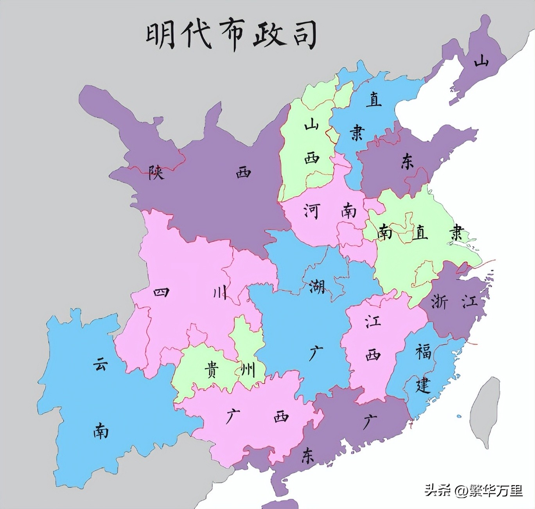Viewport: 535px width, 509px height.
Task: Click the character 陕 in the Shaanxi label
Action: [156, 172]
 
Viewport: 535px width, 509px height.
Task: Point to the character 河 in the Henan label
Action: [312, 211]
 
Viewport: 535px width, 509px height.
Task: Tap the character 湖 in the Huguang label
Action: [316, 286]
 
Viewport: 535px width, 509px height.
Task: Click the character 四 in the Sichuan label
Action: [161, 292]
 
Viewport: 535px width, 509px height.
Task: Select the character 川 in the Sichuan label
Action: [219, 292]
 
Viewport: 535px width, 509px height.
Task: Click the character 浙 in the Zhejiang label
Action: [439, 301]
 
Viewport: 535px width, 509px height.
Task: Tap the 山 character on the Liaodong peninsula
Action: [481, 61]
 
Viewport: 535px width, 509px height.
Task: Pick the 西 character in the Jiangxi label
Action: [373, 355]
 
